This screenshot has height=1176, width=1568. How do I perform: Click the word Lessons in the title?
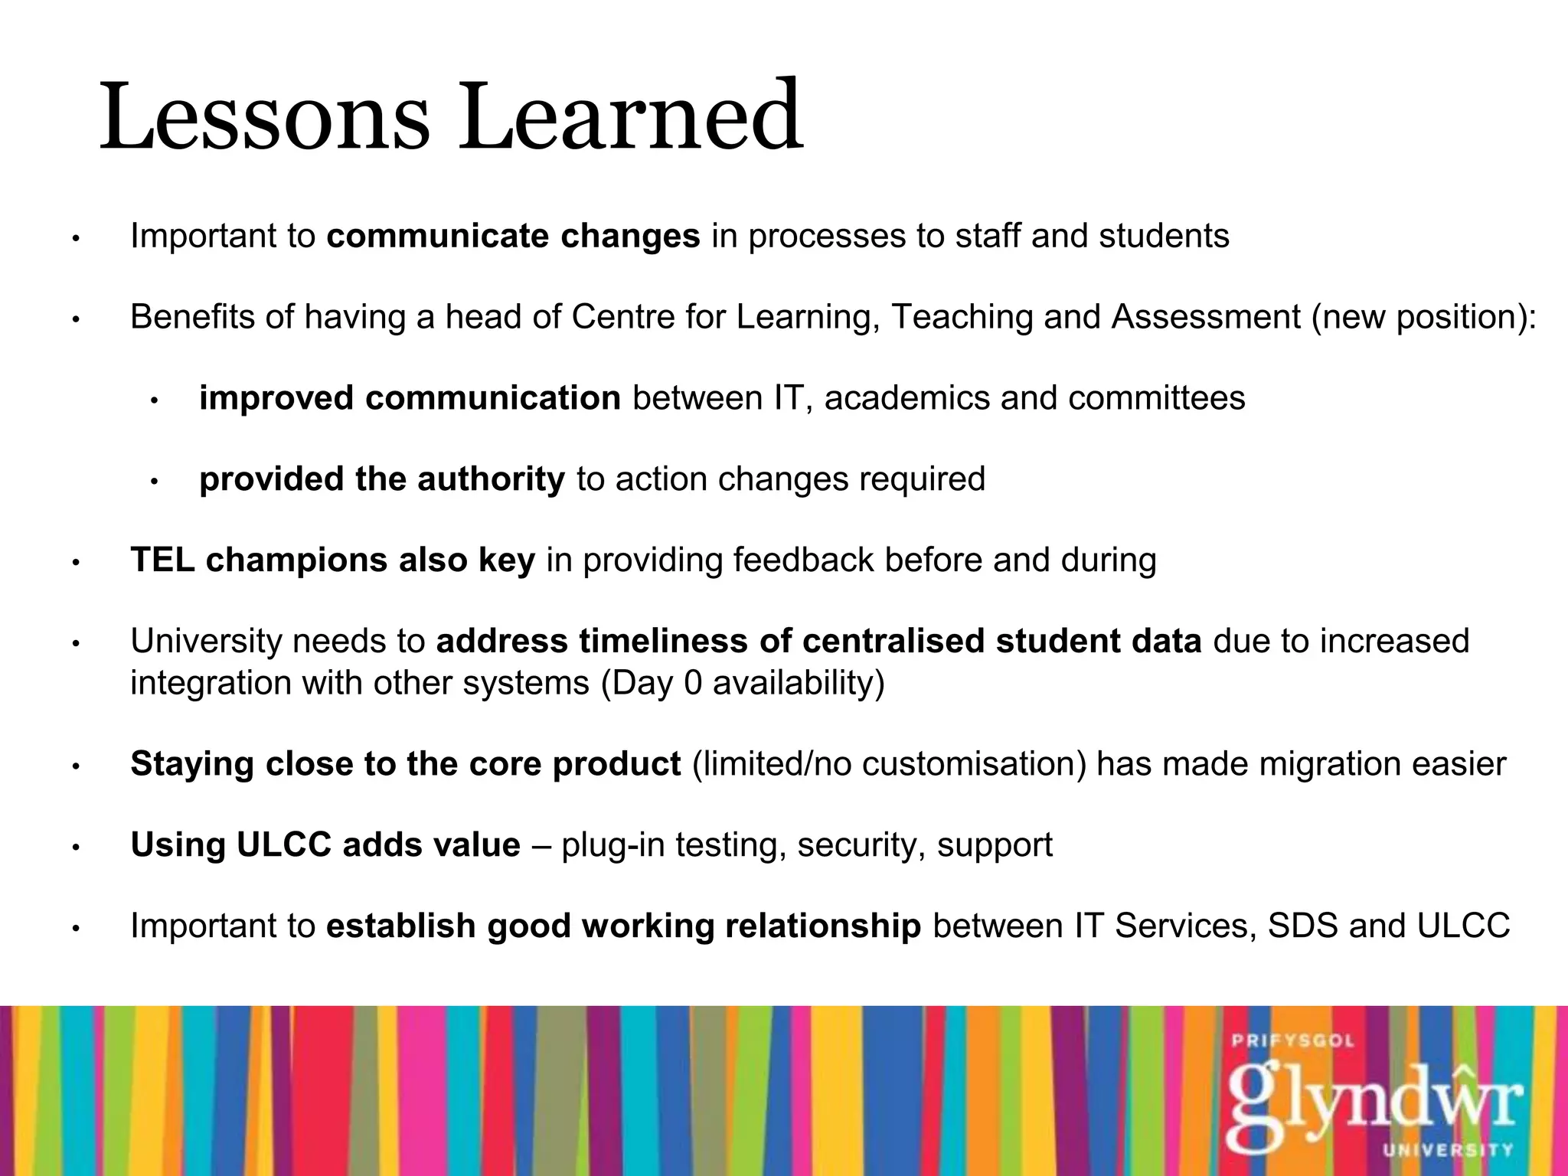[x=264, y=119]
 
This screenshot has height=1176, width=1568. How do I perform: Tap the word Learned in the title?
[x=629, y=119]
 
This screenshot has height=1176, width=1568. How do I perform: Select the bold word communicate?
[x=437, y=236]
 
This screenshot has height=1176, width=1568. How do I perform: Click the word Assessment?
[x=1206, y=317]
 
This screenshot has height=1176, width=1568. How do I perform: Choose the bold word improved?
[x=276, y=399]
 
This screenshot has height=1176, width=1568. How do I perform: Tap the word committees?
[x=1156, y=398]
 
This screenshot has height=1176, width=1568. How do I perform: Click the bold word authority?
[x=491, y=479]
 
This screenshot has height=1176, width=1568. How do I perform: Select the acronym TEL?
[x=162, y=560]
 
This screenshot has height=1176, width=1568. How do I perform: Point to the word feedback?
[x=803, y=560]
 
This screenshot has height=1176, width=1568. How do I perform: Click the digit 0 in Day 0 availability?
[x=692, y=682]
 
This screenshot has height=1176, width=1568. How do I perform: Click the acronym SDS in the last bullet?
[x=1302, y=926]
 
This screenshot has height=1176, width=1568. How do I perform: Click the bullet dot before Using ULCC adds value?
[x=75, y=848]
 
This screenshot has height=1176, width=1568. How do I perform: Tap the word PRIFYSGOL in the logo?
[x=1293, y=1041]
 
